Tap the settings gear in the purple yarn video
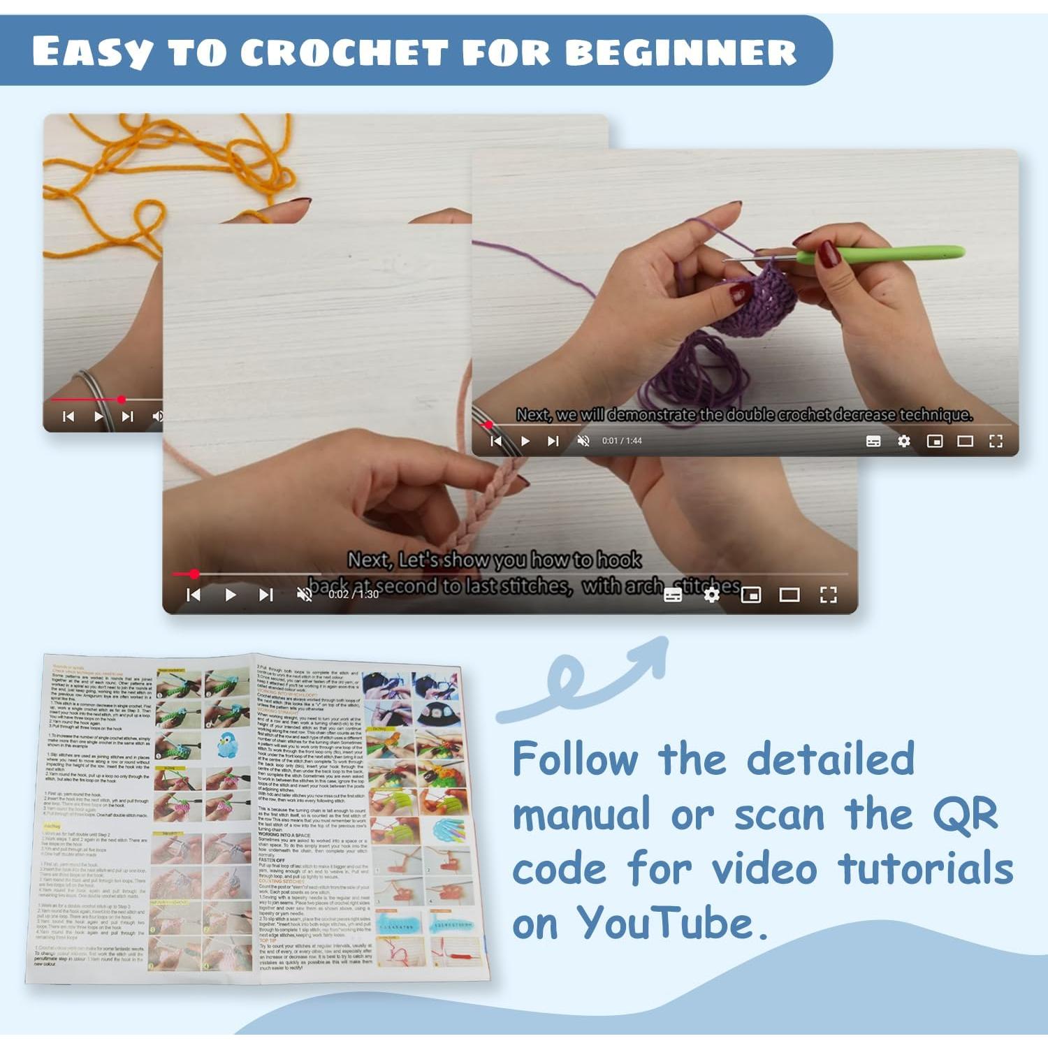(x=903, y=441)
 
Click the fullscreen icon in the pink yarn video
(x=828, y=595)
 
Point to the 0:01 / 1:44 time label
(x=622, y=441)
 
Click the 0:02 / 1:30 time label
(x=354, y=595)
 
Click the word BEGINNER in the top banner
(x=681, y=52)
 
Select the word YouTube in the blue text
(x=667, y=924)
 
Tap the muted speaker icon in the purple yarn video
(x=583, y=441)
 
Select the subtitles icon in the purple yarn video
(x=873, y=441)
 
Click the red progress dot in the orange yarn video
(x=122, y=400)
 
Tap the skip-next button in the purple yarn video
(x=553, y=441)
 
